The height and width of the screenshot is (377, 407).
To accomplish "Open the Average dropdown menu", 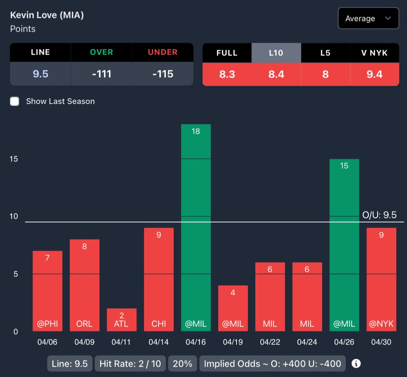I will pos(368,18).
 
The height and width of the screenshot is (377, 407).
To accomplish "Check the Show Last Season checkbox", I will pos(15,101).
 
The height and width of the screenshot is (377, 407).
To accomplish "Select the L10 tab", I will pos(276,53).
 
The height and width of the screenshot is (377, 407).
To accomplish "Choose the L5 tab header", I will pos(325,53).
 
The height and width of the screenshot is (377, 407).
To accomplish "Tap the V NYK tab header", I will pos(374,53).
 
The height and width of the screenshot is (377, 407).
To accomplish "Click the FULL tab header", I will pos(227,53).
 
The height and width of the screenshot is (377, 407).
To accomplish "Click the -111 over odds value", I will pos(101,74).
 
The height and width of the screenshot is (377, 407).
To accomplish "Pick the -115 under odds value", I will pos(163,74).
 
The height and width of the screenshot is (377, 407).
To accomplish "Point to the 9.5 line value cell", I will pos(41,74).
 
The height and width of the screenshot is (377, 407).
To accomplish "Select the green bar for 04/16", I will pos(196,227).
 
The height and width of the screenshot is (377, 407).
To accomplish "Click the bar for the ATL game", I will pos(122,320).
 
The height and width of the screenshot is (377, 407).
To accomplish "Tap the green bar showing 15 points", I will pos(344,245).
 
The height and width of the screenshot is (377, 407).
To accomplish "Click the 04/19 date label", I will pos(233,342).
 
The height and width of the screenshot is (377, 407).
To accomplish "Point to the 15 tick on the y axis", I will pos(14,159).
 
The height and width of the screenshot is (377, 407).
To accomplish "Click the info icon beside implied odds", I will pos(357,363).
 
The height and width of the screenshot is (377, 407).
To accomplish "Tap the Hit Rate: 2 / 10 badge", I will pos(130,363).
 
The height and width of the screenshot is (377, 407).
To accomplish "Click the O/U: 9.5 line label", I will pos(379,215).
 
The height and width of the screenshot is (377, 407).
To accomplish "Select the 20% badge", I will pos(183,363).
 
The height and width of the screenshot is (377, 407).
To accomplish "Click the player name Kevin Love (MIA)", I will pos(47,15).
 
